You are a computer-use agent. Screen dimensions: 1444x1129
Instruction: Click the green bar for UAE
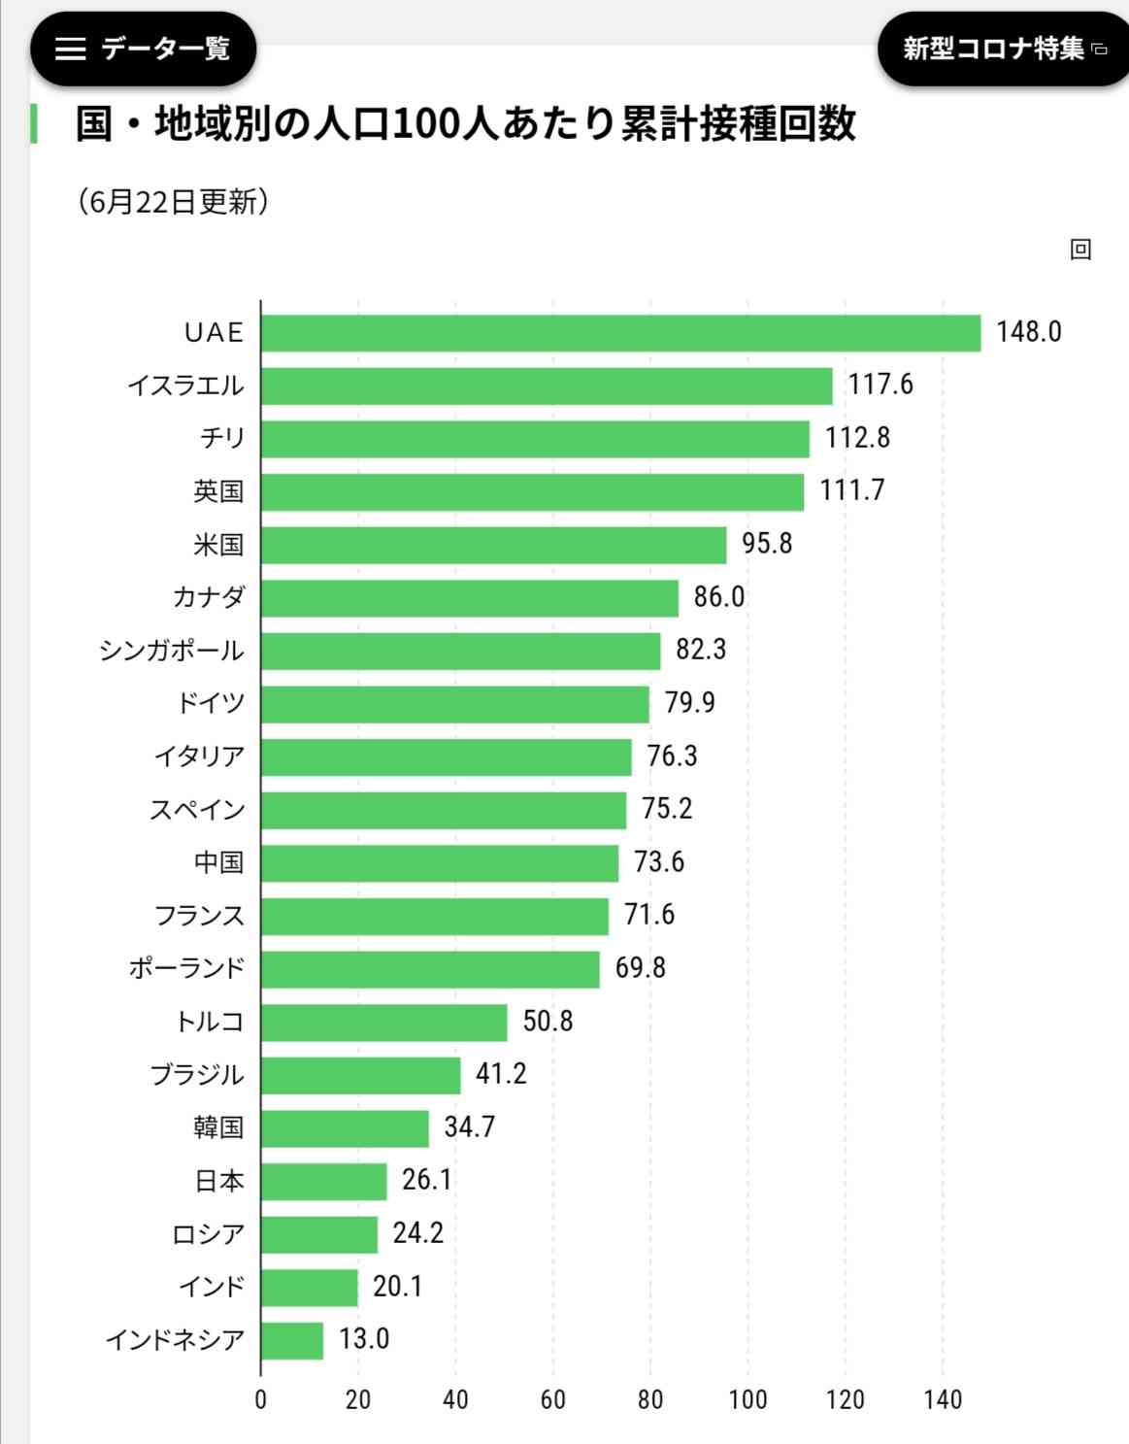(621, 333)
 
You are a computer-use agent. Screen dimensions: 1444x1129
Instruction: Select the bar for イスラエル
(547, 386)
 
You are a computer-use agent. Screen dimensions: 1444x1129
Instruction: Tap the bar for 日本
(324, 1182)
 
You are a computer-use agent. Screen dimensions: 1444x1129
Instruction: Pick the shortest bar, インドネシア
(292, 1341)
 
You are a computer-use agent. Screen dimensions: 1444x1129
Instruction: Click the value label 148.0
(1028, 332)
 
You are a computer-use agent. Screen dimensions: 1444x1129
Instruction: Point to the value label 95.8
(767, 544)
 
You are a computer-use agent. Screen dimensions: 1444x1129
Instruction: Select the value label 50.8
(548, 1022)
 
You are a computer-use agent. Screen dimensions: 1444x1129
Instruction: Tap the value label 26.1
(426, 1180)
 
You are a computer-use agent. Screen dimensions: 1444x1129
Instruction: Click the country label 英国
(217, 491)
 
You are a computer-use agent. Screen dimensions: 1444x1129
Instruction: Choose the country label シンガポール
(171, 651)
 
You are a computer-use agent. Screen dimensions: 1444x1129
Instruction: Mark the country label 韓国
(217, 1127)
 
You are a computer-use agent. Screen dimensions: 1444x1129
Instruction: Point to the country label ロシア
(207, 1234)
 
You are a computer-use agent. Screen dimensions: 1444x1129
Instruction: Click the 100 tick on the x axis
(747, 1400)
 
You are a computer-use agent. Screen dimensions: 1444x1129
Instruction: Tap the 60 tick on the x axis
(552, 1400)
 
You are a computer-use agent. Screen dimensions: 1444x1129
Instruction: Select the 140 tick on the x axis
(943, 1400)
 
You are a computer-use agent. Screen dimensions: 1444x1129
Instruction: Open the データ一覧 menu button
(143, 49)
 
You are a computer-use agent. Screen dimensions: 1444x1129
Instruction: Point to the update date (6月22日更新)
(173, 202)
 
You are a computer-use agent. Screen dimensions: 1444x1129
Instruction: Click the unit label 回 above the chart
(1080, 250)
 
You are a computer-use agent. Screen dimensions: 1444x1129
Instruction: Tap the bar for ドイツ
(454, 704)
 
